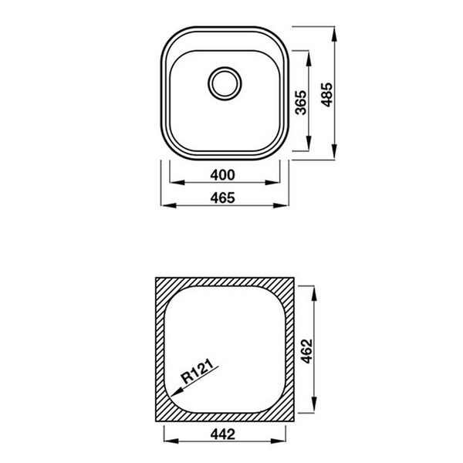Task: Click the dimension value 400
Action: point(223,174)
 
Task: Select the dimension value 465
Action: point(223,198)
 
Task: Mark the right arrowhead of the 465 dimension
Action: point(286,206)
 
